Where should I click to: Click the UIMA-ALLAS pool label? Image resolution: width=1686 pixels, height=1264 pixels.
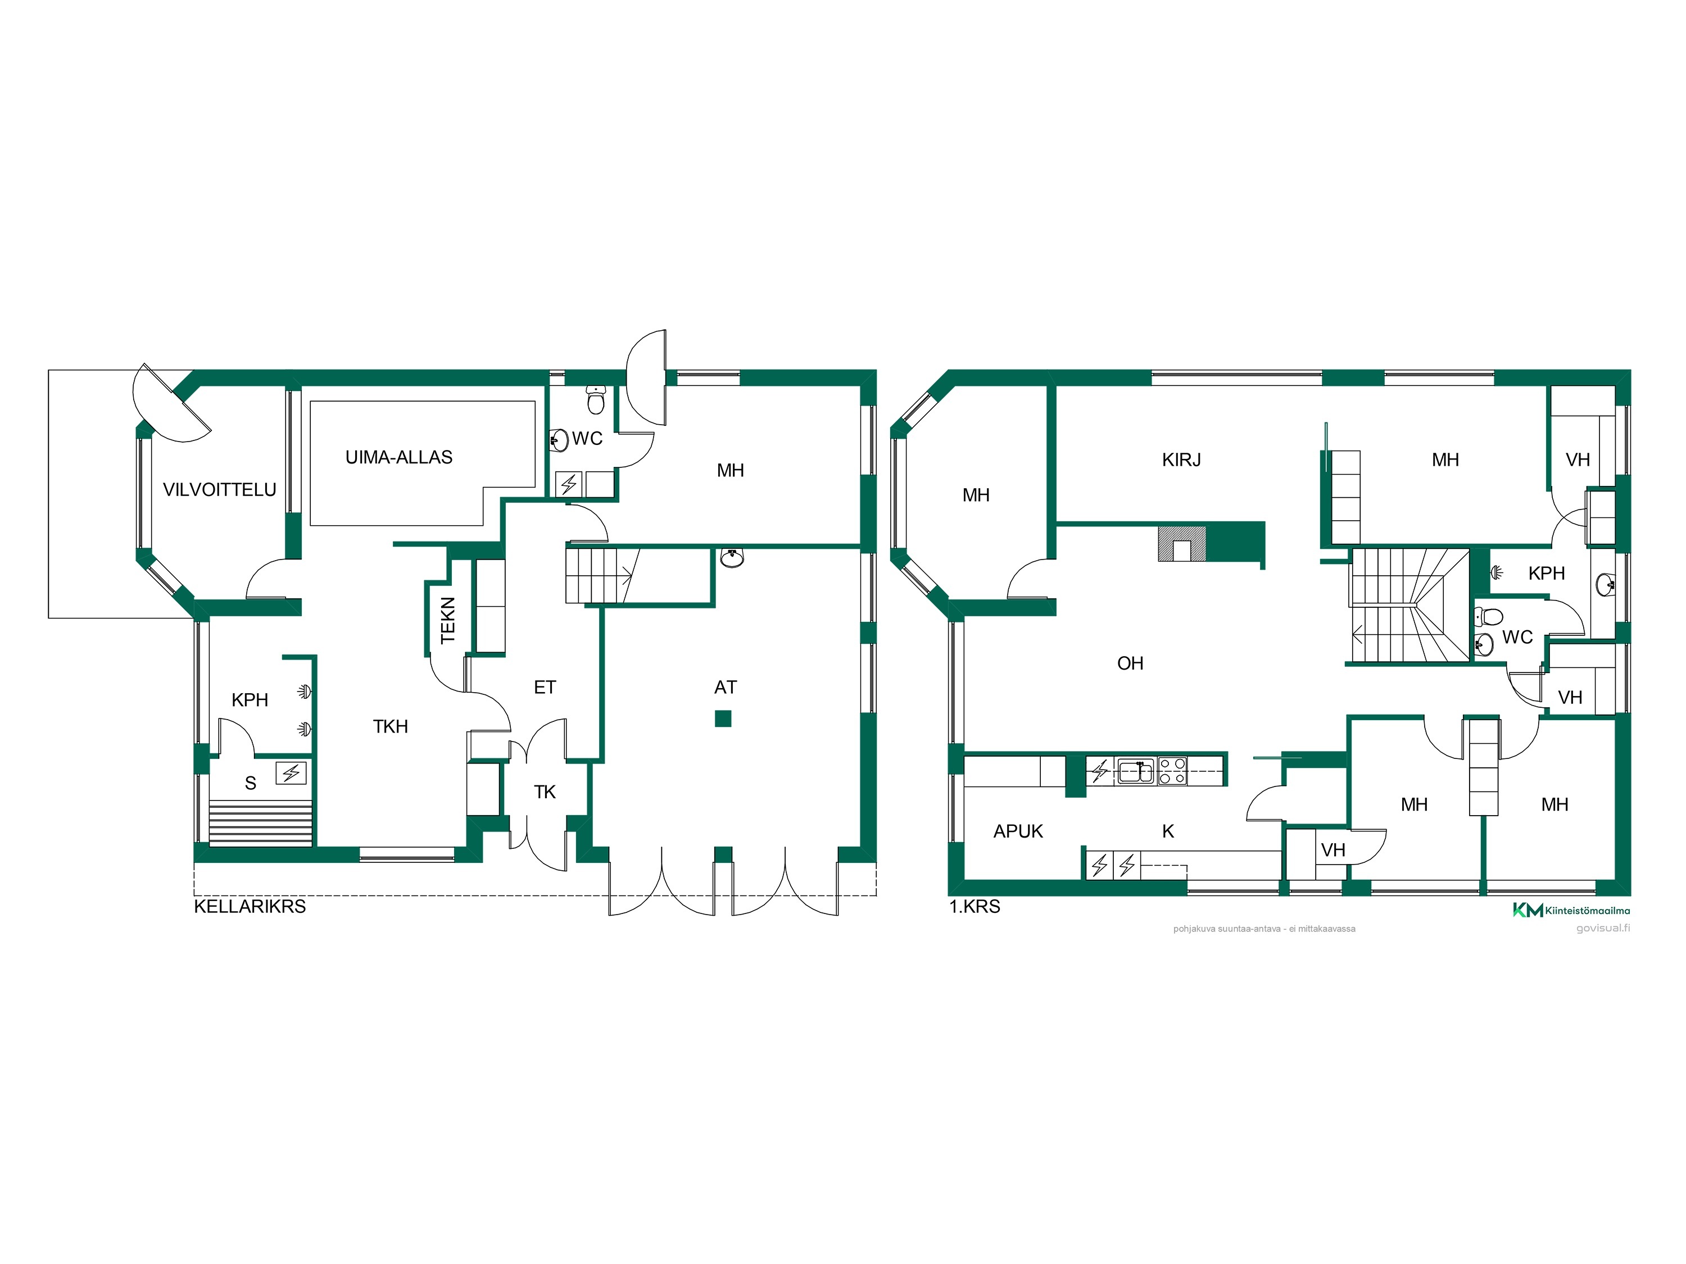click(x=398, y=457)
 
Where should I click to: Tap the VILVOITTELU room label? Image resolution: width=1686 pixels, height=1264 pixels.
click(x=220, y=490)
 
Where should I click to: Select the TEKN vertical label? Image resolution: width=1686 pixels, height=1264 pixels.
click(x=447, y=620)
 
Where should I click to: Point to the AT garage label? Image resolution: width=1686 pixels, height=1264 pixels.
click(x=726, y=687)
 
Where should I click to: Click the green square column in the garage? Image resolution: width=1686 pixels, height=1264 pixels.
click(x=723, y=719)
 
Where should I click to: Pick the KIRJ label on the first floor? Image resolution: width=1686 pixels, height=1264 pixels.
click(x=1181, y=460)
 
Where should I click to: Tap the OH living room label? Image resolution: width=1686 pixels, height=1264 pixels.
click(x=1130, y=663)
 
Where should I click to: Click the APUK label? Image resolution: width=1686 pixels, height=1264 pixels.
click(x=1018, y=832)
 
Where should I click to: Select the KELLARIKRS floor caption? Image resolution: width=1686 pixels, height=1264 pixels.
click(x=250, y=907)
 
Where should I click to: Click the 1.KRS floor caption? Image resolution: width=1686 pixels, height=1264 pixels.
click(x=975, y=907)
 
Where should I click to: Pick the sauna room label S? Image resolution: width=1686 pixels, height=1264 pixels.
click(x=250, y=783)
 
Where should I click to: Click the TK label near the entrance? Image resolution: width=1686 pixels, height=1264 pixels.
click(x=545, y=792)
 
